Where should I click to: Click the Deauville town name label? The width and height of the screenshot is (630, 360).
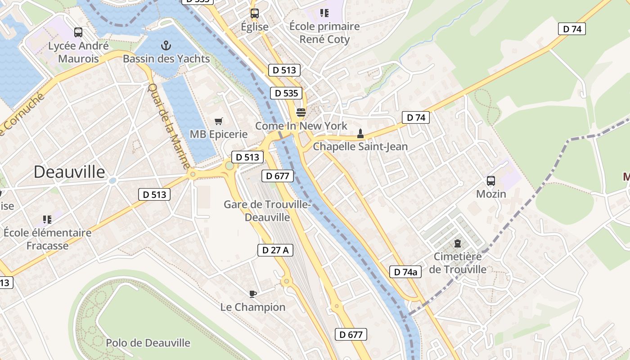[x=69, y=172]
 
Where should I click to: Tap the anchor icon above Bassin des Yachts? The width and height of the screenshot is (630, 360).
[x=166, y=45]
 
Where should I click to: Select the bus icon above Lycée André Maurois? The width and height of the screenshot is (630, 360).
[x=78, y=32]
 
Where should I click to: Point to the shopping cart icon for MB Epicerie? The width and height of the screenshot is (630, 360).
[x=219, y=121]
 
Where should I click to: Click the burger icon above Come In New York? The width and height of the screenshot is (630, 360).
[x=301, y=112]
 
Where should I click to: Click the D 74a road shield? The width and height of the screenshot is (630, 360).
[x=405, y=272]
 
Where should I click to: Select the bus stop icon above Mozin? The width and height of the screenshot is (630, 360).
[x=491, y=181]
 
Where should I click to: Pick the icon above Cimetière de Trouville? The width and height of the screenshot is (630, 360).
[x=458, y=243]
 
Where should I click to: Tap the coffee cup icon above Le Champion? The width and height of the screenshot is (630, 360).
[x=253, y=294]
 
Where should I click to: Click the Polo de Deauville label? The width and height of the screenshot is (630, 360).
[x=148, y=343]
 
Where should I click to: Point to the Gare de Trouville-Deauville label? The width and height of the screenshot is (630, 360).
[x=267, y=211]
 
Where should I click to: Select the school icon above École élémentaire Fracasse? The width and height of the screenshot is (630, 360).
[x=47, y=220]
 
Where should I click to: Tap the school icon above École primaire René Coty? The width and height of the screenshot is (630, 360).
[x=324, y=13]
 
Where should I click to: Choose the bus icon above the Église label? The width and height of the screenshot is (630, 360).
[x=255, y=13]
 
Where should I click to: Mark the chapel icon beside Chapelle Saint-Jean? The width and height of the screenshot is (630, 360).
[x=360, y=134]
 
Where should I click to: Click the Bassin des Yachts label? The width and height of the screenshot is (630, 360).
[x=166, y=59]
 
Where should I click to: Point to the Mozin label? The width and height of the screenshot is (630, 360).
[x=491, y=194]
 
